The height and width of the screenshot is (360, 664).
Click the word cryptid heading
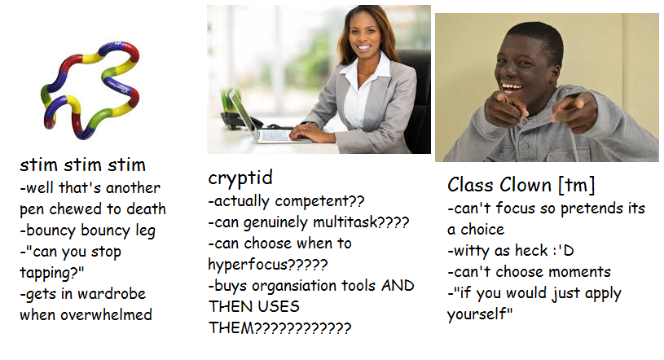click(x=240, y=178)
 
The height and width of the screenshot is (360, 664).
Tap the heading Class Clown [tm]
click(x=521, y=185)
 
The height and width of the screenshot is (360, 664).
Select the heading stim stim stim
click(x=82, y=165)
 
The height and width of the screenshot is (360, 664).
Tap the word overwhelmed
click(x=106, y=314)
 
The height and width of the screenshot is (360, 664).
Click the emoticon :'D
click(x=563, y=251)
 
